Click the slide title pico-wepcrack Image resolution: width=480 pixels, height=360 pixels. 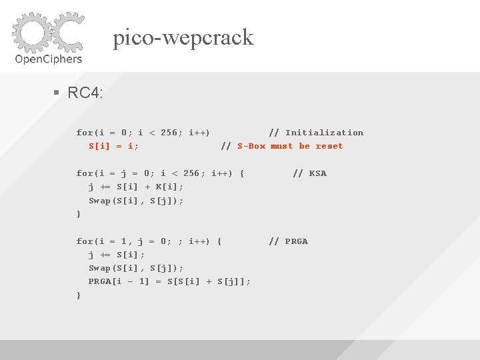[x=183, y=37]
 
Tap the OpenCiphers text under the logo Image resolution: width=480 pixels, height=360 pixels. [x=48, y=59]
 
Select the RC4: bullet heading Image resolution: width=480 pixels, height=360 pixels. [x=85, y=93]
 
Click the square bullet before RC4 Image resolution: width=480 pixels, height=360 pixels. [x=57, y=93]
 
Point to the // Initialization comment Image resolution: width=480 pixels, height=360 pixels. [x=316, y=133]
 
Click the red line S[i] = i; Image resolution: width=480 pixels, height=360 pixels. [x=114, y=146]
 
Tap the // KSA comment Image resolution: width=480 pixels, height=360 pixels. [x=309, y=173]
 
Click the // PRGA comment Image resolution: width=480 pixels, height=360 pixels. [x=288, y=241]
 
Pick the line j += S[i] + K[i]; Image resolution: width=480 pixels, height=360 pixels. [x=136, y=187]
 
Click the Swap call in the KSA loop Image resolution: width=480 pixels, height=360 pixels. [x=136, y=201]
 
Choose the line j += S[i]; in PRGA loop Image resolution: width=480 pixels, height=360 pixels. [x=117, y=255]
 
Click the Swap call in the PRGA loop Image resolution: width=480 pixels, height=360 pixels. [x=136, y=268]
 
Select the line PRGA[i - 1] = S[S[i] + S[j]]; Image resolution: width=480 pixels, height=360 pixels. [x=170, y=281]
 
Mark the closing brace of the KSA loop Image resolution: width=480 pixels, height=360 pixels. [x=79, y=214]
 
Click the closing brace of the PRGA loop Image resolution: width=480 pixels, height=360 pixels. [x=79, y=295]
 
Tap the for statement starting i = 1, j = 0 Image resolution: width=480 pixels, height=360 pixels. [x=149, y=241]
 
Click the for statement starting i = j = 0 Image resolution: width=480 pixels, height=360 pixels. [x=160, y=173]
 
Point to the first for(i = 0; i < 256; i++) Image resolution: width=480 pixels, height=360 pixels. [x=143, y=133]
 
